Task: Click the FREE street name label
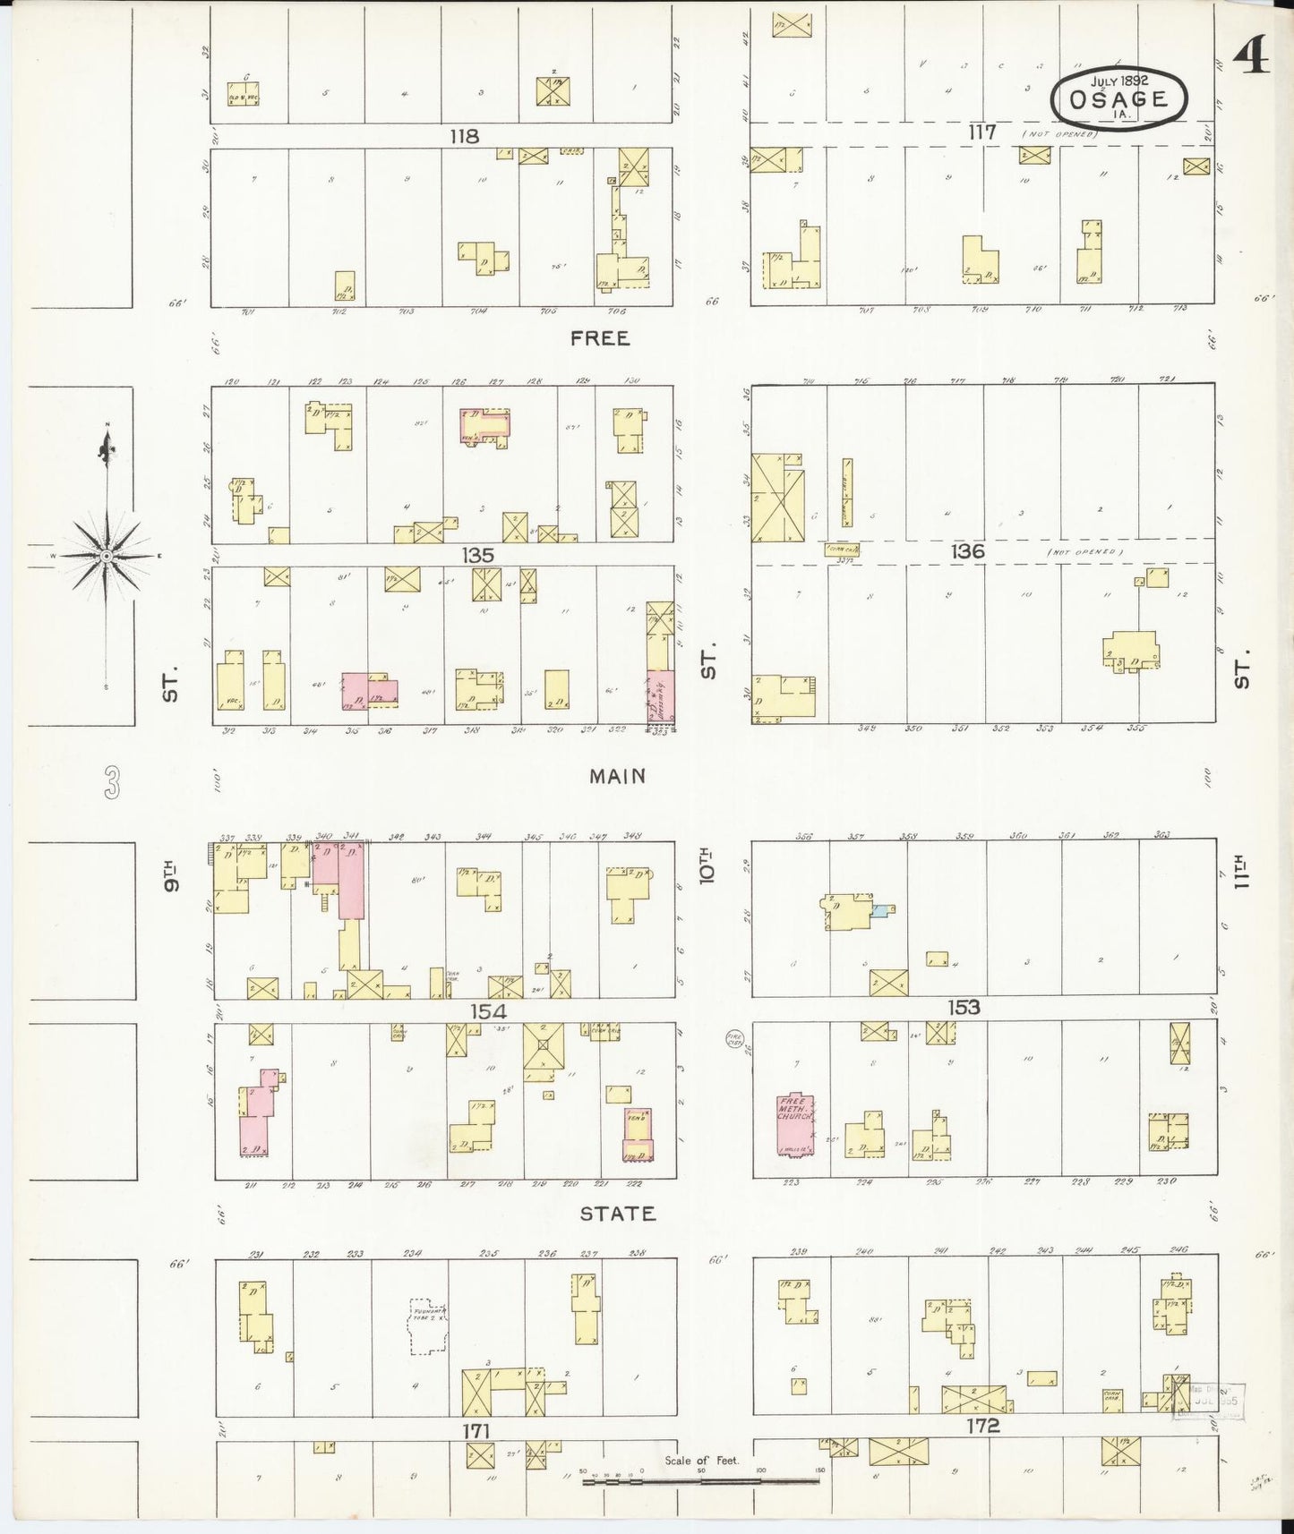(600, 338)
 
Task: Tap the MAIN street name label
(617, 776)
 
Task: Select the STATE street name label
(617, 1214)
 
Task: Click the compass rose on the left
(107, 555)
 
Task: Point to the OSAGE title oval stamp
(1118, 98)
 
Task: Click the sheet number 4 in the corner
(1250, 58)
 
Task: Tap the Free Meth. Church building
(794, 1121)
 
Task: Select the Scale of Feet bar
(701, 1481)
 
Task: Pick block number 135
(477, 555)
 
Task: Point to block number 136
(967, 551)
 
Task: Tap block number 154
(488, 1011)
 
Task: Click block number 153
(964, 1008)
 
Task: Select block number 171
(476, 1432)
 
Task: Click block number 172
(982, 1427)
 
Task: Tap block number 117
(981, 132)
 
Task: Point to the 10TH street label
(707, 865)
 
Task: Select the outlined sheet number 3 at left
(110, 781)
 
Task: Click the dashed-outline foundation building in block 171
(428, 1326)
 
